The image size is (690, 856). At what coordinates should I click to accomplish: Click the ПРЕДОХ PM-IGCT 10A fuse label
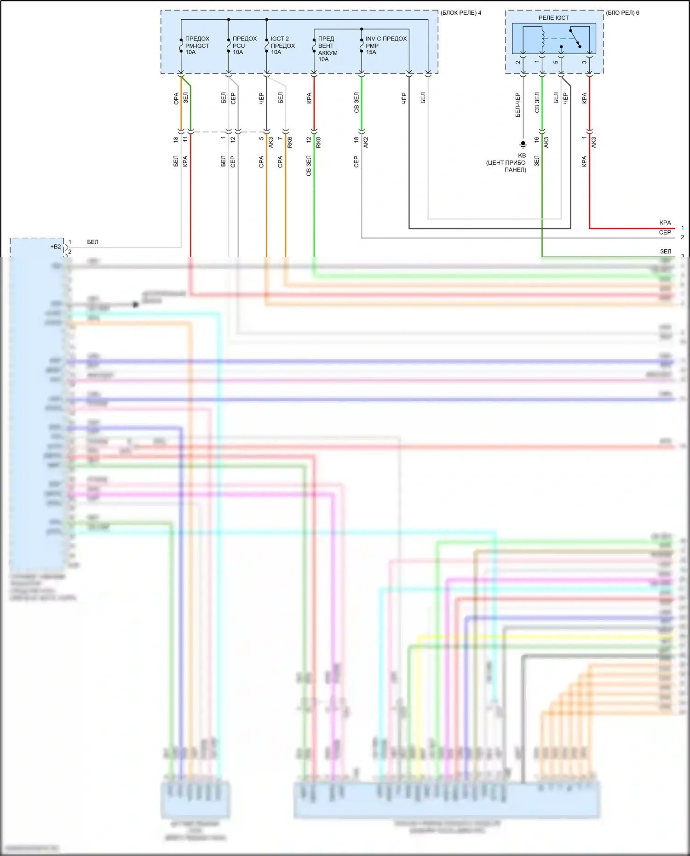click(197, 46)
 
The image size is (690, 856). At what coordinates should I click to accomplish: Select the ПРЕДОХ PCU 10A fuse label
click(244, 46)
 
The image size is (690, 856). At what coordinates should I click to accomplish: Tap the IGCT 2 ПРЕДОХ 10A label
click(282, 46)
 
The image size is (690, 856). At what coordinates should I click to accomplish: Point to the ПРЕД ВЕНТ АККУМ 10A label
click(328, 49)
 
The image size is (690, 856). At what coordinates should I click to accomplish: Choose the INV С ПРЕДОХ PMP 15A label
click(386, 46)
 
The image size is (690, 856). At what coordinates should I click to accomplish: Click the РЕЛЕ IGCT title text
click(553, 17)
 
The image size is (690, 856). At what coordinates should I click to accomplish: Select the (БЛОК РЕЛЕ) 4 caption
click(460, 13)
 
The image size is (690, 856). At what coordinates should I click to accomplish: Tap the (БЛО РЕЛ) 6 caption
click(622, 13)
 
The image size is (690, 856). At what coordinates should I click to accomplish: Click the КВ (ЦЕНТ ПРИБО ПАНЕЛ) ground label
click(506, 163)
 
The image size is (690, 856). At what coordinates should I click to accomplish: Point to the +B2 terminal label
click(55, 247)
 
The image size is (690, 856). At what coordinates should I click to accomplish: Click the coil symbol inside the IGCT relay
click(543, 40)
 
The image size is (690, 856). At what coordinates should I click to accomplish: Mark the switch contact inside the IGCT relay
click(575, 39)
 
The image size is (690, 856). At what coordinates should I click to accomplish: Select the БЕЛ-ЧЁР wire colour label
click(517, 105)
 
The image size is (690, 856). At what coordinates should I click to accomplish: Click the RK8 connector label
click(318, 143)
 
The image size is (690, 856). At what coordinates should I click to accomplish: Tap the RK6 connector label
click(290, 143)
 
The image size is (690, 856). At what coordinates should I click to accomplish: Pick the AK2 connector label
click(366, 143)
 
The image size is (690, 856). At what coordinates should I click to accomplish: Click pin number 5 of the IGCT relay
click(556, 62)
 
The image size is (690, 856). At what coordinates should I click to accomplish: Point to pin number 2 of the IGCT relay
click(518, 62)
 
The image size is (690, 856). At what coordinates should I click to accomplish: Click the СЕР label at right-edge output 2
click(665, 233)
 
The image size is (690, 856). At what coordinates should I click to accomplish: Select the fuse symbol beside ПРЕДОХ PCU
click(229, 45)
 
